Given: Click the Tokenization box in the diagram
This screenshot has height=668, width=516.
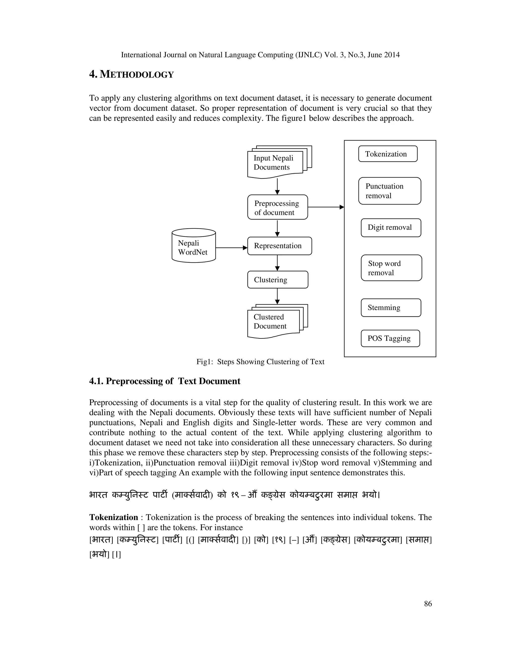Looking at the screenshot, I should [x=388, y=154].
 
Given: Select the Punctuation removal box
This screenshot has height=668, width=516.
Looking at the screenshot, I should [x=390, y=191].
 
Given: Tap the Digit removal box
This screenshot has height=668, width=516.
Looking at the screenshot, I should [x=391, y=228].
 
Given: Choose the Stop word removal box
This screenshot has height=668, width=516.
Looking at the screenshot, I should [x=391, y=268].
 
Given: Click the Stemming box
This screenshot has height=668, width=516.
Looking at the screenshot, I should [x=391, y=308].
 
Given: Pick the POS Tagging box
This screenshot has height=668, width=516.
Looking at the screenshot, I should [x=390, y=338].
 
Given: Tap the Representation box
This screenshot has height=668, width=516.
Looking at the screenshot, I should [x=279, y=246].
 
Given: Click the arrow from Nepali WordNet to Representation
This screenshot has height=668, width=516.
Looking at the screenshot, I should [x=231, y=248].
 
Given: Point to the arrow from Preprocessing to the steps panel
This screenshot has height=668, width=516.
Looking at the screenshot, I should [x=326, y=207].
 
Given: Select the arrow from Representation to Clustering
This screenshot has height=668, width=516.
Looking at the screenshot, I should [x=277, y=263].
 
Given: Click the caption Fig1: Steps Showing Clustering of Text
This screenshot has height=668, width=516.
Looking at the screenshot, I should [x=260, y=362].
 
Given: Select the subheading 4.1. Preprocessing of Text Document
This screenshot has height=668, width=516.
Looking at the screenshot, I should [x=165, y=381].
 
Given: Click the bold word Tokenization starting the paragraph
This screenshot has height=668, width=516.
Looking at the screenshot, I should [x=113, y=517].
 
